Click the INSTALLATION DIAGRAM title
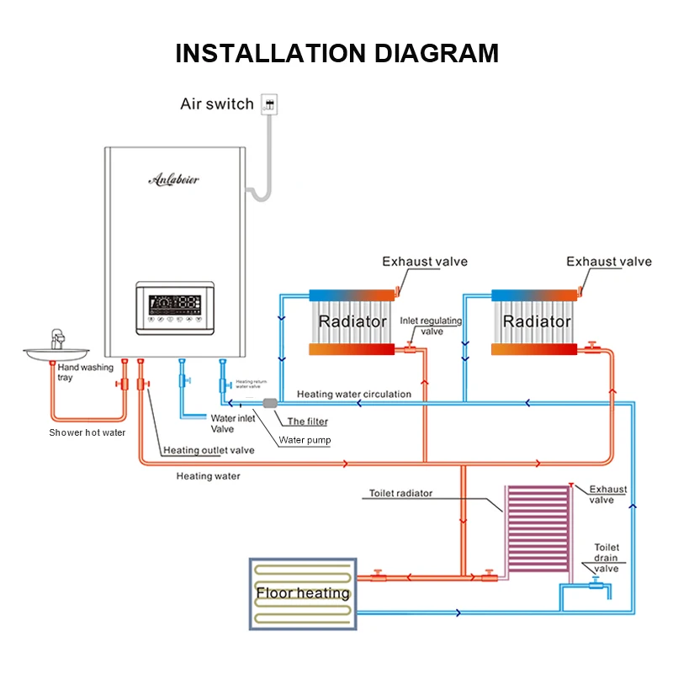click(336, 53)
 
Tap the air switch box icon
click(269, 104)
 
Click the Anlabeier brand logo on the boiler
click(173, 178)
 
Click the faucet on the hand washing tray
click(57, 339)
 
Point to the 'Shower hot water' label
click(87, 432)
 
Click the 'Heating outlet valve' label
click(209, 450)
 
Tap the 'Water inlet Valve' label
click(233, 423)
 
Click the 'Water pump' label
click(305, 440)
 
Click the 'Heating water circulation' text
click(354, 394)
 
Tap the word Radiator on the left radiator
click(352, 321)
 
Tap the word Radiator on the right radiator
click(537, 321)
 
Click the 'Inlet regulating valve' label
click(432, 326)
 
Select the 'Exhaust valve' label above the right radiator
click(608, 262)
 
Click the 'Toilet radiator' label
click(400, 493)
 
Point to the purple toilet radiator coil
click(536, 531)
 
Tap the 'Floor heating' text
click(303, 593)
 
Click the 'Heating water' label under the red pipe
click(208, 476)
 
